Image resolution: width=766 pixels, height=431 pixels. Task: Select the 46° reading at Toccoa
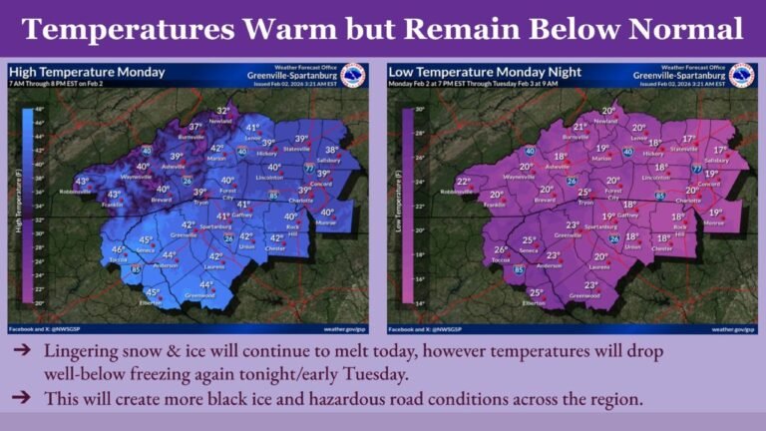pyautogui.click(x=118, y=249)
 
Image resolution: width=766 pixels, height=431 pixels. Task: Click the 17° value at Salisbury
pyautogui.click(x=717, y=151)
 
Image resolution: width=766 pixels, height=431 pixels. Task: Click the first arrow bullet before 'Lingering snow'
pyautogui.click(x=22, y=352)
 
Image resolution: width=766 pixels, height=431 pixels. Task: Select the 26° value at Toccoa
pyautogui.click(x=501, y=249)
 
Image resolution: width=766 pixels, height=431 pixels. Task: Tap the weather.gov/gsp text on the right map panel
pyautogui.click(x=733, y=328)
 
